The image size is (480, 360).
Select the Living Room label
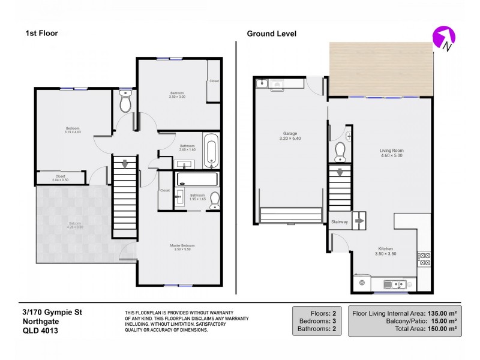point(391,152)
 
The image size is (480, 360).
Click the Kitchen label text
point(385,250)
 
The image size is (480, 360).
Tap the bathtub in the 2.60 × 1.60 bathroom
point(211,151)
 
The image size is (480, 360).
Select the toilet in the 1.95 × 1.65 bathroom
point(215,202)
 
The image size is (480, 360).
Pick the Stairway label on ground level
point(340,222)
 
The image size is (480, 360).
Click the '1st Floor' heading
point(41,34)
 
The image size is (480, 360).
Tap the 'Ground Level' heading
point(271,34)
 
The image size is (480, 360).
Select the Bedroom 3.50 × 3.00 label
point(177,95)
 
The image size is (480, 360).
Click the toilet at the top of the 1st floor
point(125,103)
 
